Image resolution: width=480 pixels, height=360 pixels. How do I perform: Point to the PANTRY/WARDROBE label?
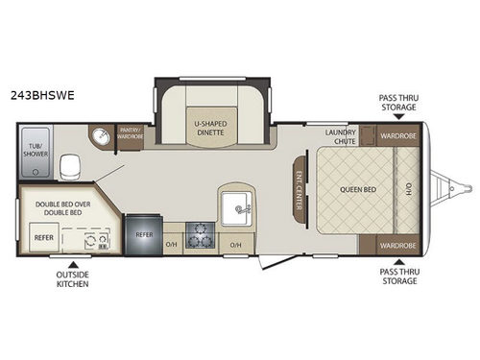coord(130,132)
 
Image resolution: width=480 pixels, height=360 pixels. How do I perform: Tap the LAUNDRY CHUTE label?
coord(340,135)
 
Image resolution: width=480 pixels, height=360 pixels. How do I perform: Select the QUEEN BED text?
coord(357,189)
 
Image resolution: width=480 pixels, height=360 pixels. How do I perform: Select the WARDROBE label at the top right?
coord(397,135)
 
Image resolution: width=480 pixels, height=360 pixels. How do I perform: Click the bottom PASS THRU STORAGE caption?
coord(398,280)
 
